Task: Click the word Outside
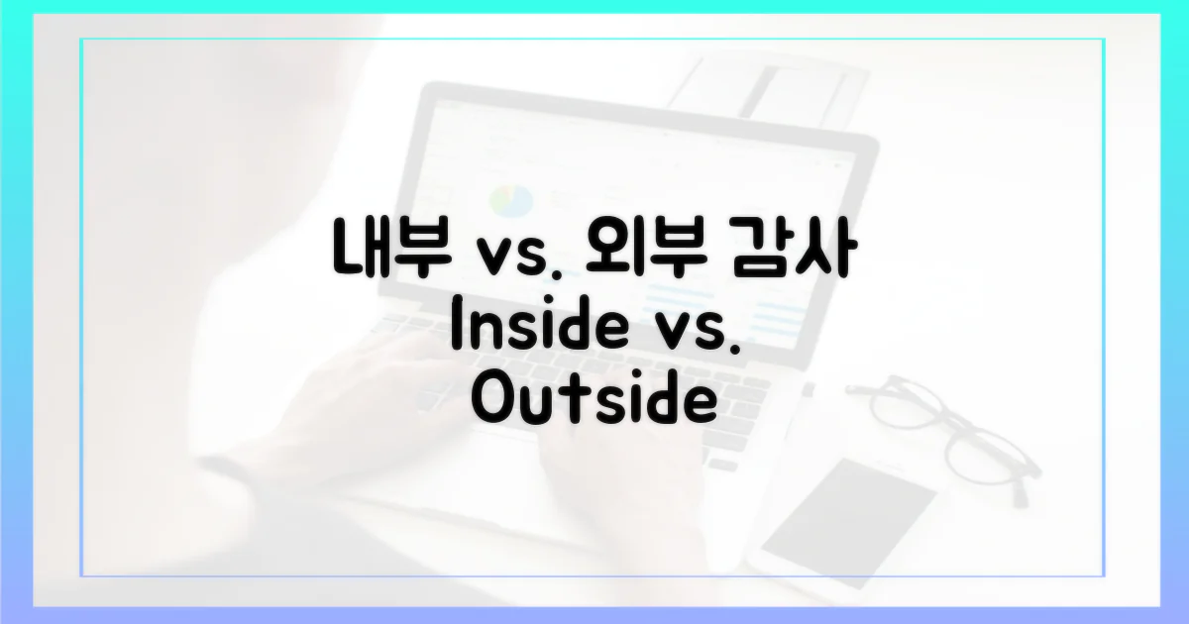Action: point(593,401)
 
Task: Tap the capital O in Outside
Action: point(491,402)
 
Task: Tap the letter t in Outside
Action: point(572,401)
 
